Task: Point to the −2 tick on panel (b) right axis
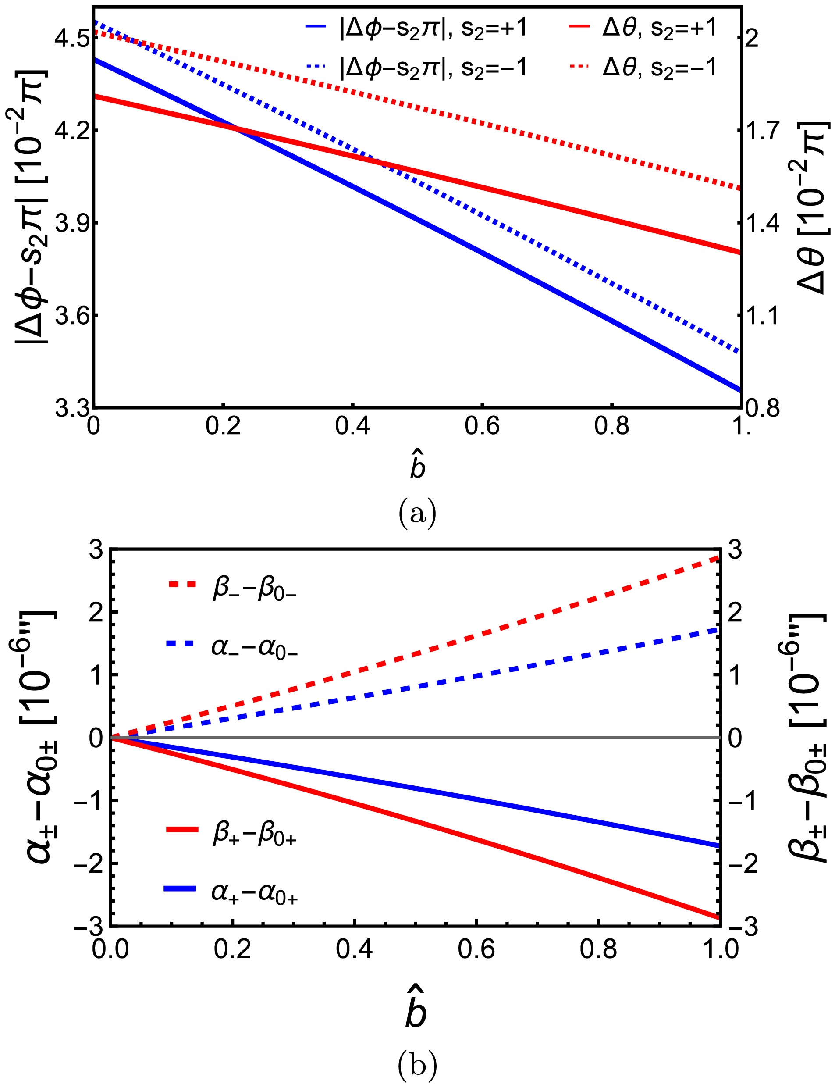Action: pyautogui.click(x=742, y=864)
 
